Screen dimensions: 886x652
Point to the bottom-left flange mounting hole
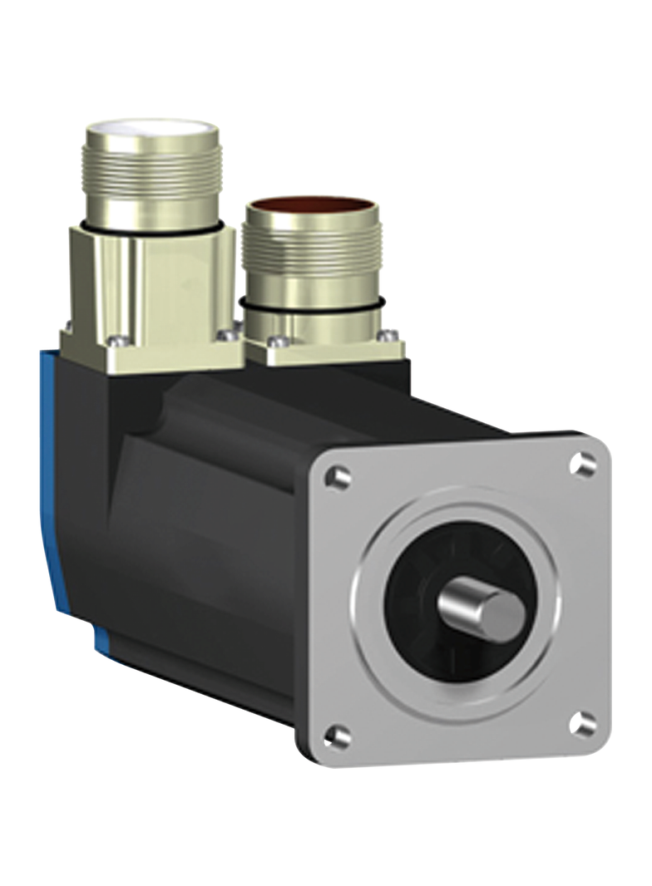335,734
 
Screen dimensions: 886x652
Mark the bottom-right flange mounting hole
585,725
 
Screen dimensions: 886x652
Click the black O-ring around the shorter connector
312,305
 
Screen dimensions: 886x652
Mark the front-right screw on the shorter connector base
383,336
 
